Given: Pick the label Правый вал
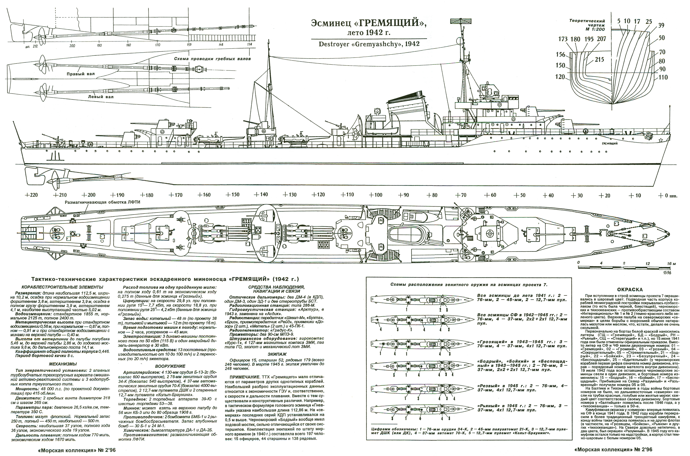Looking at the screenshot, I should coord(81,74).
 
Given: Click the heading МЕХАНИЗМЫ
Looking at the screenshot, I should coord(63,364).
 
